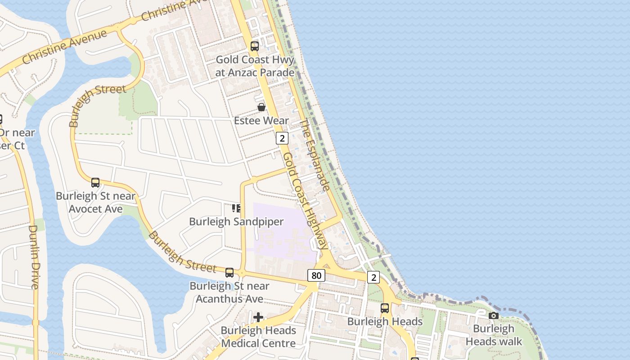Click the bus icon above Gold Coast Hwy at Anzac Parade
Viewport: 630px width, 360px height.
(x=255, y=46)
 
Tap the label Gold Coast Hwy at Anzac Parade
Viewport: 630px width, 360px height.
(x=255, y=66)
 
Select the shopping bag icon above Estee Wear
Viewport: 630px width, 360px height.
(x=261, y=107)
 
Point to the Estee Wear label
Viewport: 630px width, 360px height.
(x=261, y=121)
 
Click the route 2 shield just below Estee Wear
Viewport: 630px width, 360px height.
(x=282, y=138)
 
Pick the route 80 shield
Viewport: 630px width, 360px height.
(x=316, y=275)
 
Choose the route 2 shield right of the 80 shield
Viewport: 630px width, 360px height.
(x=373, y=277)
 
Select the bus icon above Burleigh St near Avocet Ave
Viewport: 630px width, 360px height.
(x=95, y=183)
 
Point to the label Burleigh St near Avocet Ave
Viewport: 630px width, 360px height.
(x=95, y=202)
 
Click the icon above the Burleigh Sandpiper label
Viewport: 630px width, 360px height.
(x=236, y=208)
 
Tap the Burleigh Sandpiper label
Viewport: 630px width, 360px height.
(x=236, y=221)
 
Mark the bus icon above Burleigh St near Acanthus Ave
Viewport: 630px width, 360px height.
(x=229, y=272)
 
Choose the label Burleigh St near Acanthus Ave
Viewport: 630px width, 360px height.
(x=229, y=292)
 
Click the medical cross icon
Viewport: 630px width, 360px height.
(x=258, y=317)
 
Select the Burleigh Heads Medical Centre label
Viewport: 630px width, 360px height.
(x=258, y=337)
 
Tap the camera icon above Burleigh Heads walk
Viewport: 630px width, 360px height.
(x=494, y=315)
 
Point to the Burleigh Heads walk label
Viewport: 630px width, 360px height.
(x=494, y=335)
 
